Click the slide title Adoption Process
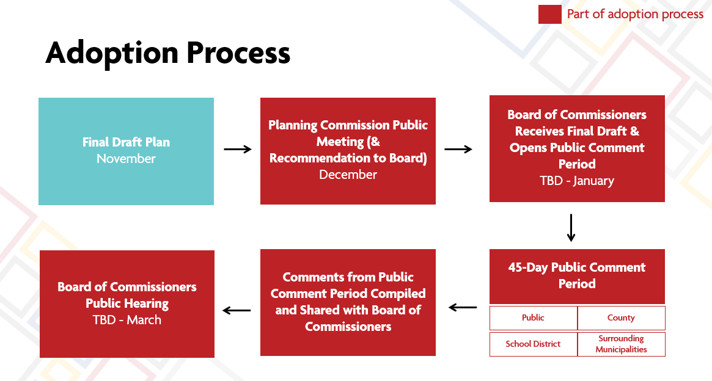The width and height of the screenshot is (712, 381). pos(167,53)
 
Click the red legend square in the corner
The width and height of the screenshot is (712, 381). pos(549,15)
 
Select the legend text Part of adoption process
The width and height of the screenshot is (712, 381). pos(635,14)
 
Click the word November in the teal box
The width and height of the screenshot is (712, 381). pos(126,159)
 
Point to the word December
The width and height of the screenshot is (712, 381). pos(348,175)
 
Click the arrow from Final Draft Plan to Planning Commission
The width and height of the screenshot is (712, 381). pos(237,150)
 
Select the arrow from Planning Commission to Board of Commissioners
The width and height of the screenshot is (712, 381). pos(458,150)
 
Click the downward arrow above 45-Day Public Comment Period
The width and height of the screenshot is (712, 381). pos(571,228)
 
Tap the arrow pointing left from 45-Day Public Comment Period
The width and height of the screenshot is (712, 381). pos(463,308)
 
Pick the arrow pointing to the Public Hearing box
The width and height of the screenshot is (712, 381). pos(237,311)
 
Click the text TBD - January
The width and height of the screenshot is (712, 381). pos(577,181)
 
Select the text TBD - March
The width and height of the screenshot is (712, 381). pos(127,320)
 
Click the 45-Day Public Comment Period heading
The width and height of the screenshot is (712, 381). pos(577,275)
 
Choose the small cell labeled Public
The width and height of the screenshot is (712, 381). pos(533,318)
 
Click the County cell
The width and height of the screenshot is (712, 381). pos(621,318)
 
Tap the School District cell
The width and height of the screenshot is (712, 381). pos(533,344)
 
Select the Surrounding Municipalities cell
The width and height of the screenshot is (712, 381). pos(621,344)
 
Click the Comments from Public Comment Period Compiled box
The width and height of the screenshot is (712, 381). pos(348,302)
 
